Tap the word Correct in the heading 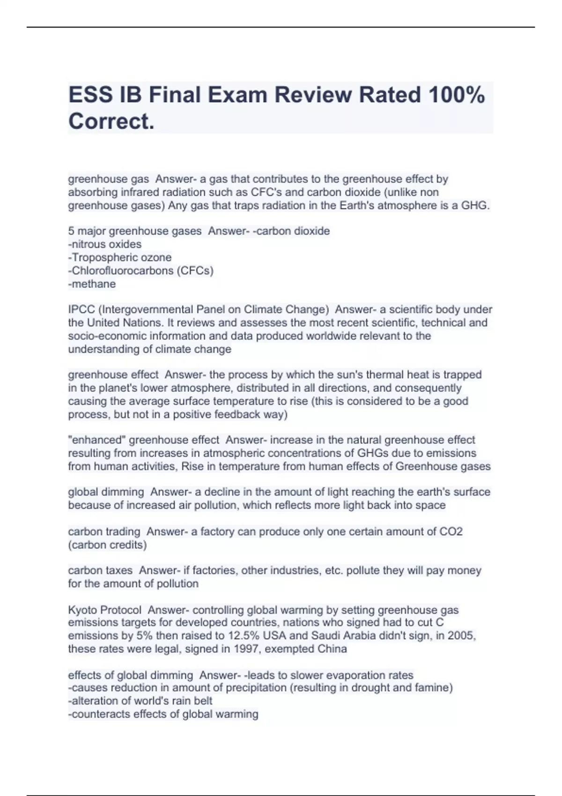click(x=111, y=122)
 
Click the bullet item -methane click(x=92, y=284)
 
